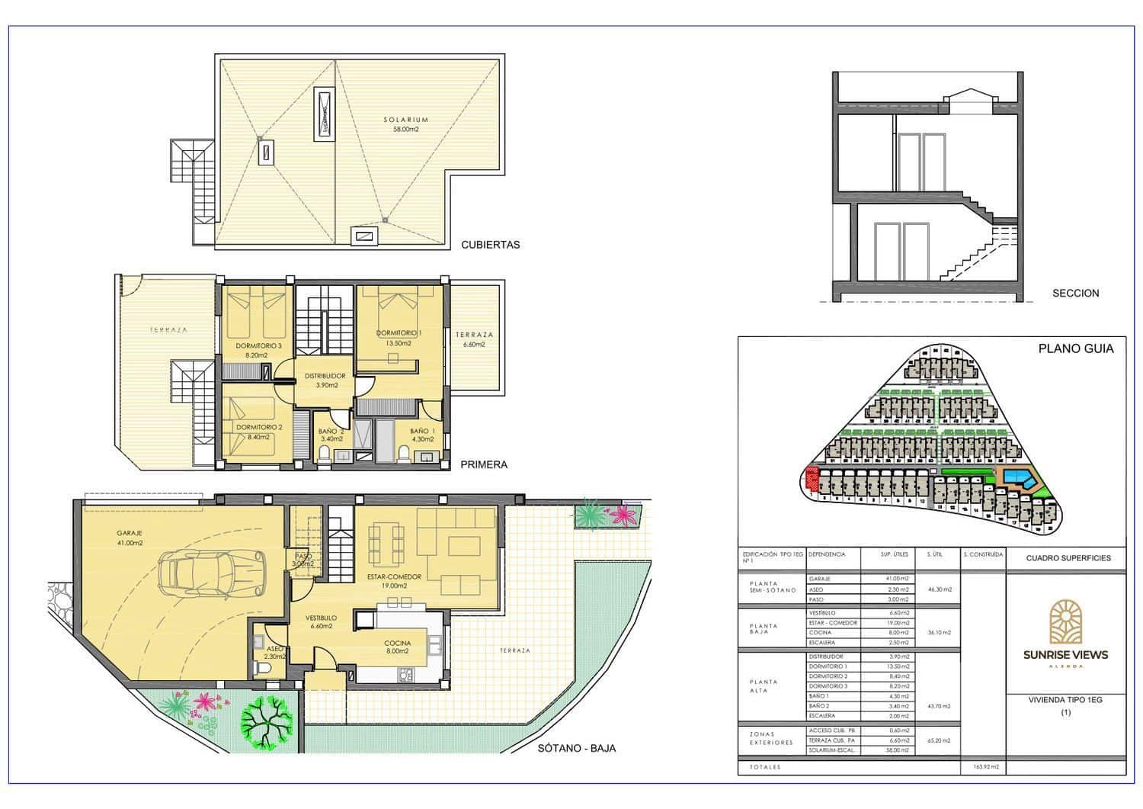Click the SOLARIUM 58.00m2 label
405,124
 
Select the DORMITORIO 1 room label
399,338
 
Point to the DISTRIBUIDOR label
325,380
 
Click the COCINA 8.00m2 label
397,647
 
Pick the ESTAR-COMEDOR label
394,581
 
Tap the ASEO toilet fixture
263,669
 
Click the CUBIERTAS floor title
490,245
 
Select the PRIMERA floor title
484,464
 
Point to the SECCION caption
1075,293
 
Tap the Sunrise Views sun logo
1065,620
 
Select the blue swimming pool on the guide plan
1017,479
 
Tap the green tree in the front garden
267,720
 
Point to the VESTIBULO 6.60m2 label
321,621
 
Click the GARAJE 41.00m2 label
130,538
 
